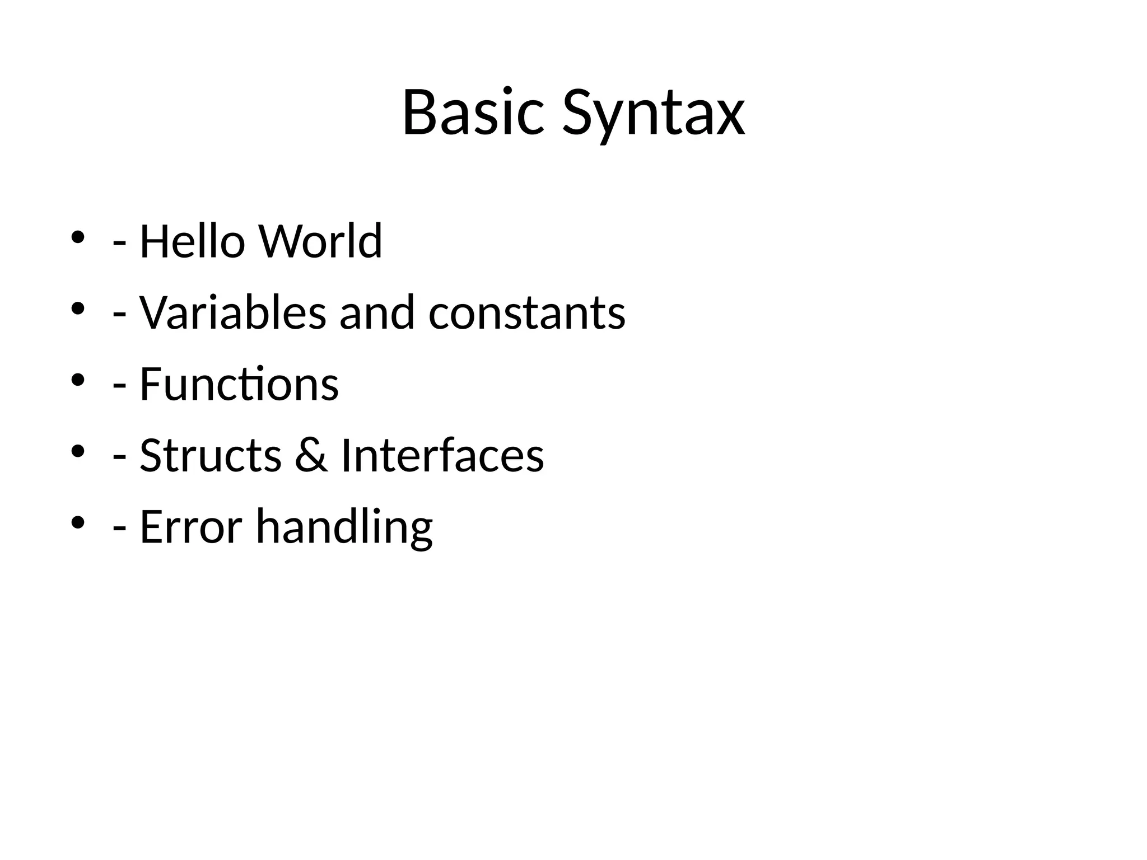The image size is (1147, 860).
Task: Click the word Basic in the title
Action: click(473, 113)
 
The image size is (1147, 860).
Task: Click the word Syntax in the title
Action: click(653, 115)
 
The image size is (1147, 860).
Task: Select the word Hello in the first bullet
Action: click(192, 241)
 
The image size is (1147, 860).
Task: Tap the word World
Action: click(320, 241)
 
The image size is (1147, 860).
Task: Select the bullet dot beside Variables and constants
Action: click(78, 309)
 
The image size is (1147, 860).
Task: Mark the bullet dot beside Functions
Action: click(78, 380)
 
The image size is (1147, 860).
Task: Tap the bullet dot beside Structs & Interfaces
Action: click(78, 451)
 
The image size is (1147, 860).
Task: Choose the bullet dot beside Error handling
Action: click(78, 523)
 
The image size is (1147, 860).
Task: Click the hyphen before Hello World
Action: click(119, 245)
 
